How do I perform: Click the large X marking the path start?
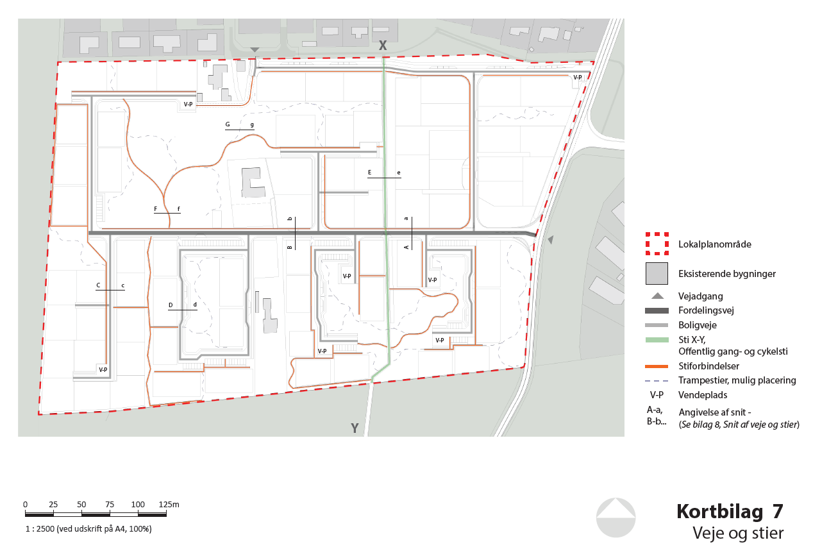click(x=383, y=46)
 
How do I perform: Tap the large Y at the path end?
click(x=355, y=428)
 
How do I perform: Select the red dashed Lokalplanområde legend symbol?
click(x=657, y=244)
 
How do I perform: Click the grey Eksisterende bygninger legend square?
click(x=657, y=273)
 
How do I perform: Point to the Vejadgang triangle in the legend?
click(x=657, y=296)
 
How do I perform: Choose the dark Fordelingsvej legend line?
click(x=657, y=310)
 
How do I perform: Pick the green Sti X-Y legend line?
click(x=657, y=340)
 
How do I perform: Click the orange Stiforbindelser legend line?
click(x=657, y=367)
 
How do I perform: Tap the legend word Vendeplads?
click(x=703, y=395)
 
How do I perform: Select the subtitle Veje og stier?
click(x=738, y=533)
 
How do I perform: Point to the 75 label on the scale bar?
click(x=110, y=505)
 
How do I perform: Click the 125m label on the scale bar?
click(x=169, y=505)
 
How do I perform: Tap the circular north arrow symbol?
click(x=616, y=517)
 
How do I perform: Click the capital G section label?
click(x=228, y=124)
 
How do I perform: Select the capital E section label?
click(x=369, y=172)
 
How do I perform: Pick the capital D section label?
click(x=171, y=305)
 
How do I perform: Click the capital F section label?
click(x=156, y=208)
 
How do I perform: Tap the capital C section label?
click(x=98, y=285)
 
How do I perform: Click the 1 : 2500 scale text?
click(x=88, y=529)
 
